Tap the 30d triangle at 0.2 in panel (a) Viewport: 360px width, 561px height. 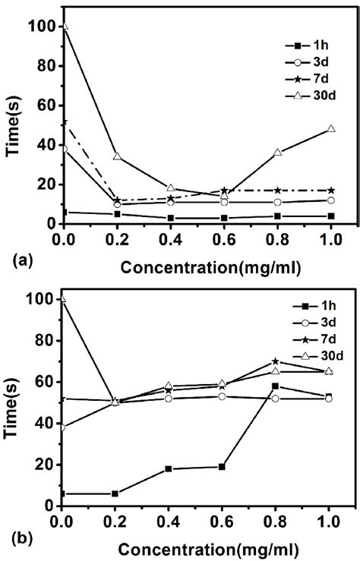click(117, 156)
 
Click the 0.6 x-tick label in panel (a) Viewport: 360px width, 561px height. click(224, 240)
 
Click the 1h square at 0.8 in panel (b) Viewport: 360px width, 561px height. click(278, 386)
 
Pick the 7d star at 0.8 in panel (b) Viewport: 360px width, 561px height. click(278, 361)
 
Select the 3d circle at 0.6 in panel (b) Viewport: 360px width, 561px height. click(224, 396)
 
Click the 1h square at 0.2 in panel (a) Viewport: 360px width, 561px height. click(117, 214)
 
